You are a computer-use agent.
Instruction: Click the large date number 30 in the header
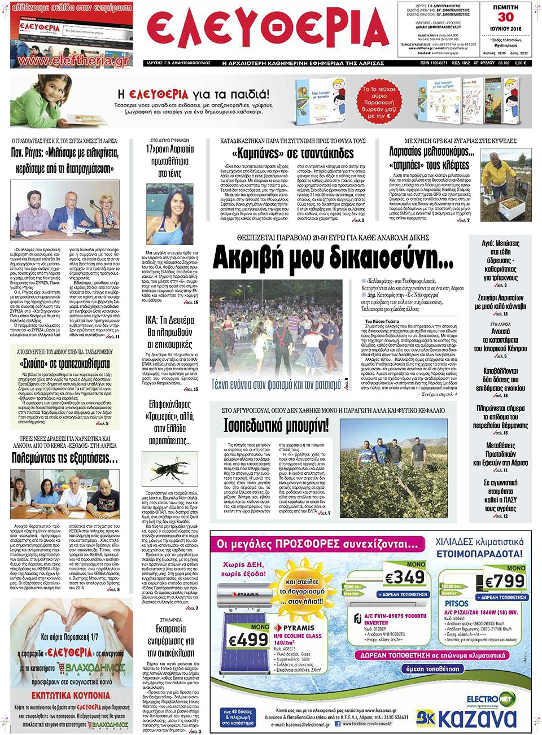[505, 17]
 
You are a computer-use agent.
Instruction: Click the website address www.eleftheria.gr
[73, 60]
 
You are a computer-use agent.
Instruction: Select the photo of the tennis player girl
[170, 215]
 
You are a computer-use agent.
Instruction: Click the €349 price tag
[404, 577]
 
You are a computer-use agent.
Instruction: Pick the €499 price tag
[248, 639]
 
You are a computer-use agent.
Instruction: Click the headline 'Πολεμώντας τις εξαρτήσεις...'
[65, 458]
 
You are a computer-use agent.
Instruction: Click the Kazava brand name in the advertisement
[477, 718]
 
